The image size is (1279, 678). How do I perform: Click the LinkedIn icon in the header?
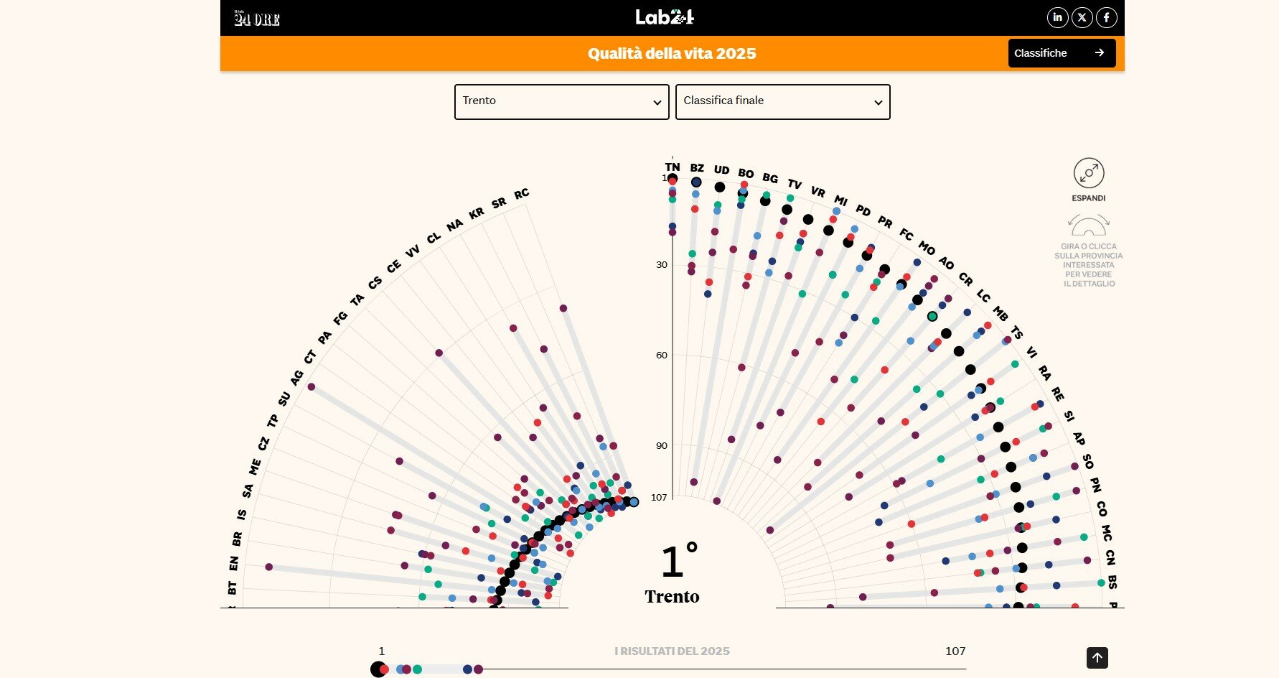pos(1057,17)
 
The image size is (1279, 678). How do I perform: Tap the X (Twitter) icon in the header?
pos(1082,17)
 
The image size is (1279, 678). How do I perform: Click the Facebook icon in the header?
pos(1107,17)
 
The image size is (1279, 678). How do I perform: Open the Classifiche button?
pos(1062,53)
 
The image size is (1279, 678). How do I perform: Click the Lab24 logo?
pos(665,17)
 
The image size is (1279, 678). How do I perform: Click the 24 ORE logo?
pos(256,19)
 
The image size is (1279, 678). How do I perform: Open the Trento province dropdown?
pos(561,101)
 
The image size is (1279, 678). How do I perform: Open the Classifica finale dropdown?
pos(782,101)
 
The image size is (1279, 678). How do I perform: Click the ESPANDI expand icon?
pos(1089,174)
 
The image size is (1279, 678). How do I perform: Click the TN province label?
pos(673,167)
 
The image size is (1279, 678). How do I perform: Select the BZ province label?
pos(697,168)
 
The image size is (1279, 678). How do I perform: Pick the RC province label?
pos(522,193)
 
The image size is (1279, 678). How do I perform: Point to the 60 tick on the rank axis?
pos(662,356)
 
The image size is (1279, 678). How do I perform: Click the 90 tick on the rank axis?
pos(662,446)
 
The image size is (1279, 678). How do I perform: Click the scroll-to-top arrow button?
pos(1097,657)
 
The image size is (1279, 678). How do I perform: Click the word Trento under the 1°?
pos(672,597)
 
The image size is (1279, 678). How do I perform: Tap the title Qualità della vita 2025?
pos(672,54)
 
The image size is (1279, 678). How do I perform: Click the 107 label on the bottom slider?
pos(955,651)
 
